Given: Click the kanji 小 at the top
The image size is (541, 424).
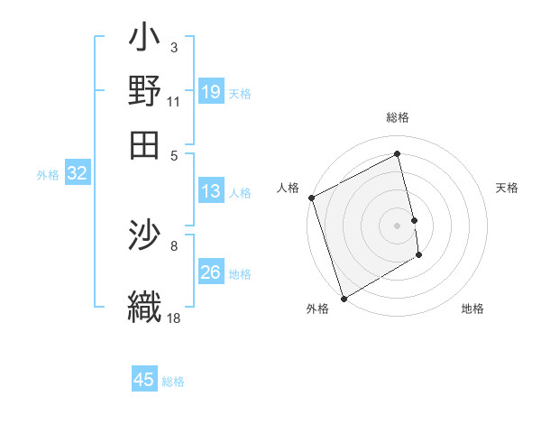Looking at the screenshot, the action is pyautogui.click(x=144, y=41).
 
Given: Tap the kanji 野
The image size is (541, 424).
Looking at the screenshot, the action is pyautogui.click(x=144, y=90).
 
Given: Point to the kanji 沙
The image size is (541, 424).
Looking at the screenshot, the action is pyautogui.click(x=144, y=237).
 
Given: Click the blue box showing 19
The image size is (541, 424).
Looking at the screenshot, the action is pyautogui.click(x=210, y=91).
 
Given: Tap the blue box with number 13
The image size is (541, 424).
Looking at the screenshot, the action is pyautogui.click(x=210, y=191).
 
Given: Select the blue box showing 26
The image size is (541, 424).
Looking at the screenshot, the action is pyautogui.click(x=210, y=272).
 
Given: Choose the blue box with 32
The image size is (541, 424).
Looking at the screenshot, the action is pyautogui.click(x=77, y=174).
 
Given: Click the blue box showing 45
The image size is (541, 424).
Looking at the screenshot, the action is pyautogui.click(x=144, y=380).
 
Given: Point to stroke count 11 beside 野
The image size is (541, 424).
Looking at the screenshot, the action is pyautogui.click(x=173, y=102).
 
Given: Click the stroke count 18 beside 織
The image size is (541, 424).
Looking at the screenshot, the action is pyautogui.click(x=174, y=317).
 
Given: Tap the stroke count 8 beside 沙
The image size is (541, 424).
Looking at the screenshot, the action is pyautogui.click(x=174, y=244).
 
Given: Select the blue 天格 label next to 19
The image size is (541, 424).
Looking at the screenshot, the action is pyautogui.click(x=240, y=93).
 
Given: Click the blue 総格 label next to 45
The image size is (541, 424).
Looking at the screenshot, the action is pyautogui.click(x=173, y=382).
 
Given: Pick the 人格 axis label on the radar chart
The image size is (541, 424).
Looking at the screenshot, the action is pyautogui.click(x=289, y=188).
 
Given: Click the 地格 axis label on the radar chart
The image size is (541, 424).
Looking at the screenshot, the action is pyautogui.click(x=472, y=309).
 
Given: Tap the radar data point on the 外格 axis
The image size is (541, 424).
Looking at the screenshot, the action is pyautogui.click(x=344, y=298).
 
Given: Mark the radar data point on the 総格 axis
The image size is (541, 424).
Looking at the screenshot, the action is pyautogui.click(x=397, y=154).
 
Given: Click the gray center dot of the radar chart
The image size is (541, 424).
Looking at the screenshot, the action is pyautogui.click(x=397, y=226).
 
